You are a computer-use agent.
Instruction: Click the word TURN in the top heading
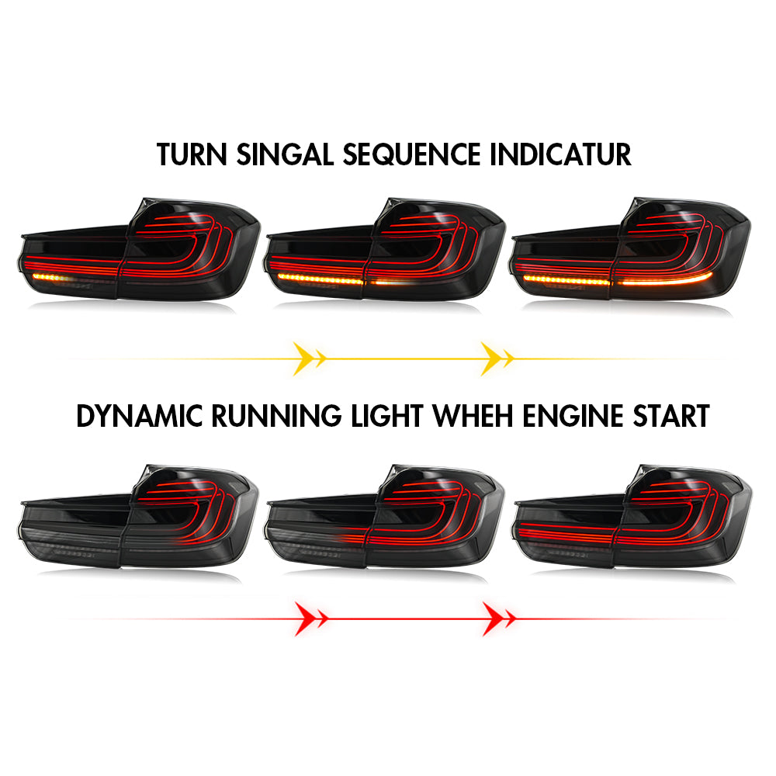click(x=192, y=154)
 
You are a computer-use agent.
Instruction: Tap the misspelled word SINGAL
click(x=285, y=154)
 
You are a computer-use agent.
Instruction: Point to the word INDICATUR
click(x=561, y=154)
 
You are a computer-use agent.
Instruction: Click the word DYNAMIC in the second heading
click(x=140, y=416)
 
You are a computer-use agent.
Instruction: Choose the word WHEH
click(x=473, y=416)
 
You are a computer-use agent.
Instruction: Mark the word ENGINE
click(x=573, y=416)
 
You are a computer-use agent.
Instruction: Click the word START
click(x=671, y=416)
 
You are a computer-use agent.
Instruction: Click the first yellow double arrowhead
click(x=310, y=359)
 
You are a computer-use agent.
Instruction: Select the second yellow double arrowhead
click(x=497, y=359)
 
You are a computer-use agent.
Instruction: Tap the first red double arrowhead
click(x=311, y=618)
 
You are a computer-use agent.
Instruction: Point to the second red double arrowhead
click(x=499, y=618)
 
